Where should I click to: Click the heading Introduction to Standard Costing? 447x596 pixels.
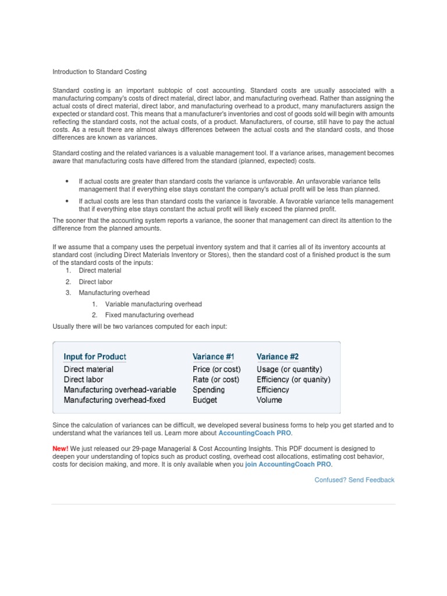(x=100, y=72)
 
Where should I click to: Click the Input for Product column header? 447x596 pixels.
(x=95, y=356)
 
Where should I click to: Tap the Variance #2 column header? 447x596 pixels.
(x=278, y=356)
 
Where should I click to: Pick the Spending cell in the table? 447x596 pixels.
(x=208, y=389)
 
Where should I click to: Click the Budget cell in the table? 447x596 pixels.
(x=205, y=400)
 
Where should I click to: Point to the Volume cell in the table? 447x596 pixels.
(x=269, y=400)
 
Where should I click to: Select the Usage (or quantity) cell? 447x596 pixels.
(x=289, y=369)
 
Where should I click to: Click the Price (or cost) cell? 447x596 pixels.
(x=216, y=369)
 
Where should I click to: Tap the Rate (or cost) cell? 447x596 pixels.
(x=215, y=379)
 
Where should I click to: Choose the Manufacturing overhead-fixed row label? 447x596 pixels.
(x=115, y=400)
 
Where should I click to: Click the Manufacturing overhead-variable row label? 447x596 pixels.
(x=120, y=389)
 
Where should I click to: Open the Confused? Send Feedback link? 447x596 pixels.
(x=354, y=480)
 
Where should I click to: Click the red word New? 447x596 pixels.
(x=61, y=449)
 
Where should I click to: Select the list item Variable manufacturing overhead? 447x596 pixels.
(x=154, y=304)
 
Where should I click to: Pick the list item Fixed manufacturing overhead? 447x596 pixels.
(x=150, y=315)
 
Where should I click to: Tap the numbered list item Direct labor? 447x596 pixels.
(x=95, y=282)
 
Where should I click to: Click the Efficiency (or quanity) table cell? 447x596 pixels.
(x=293, y=379)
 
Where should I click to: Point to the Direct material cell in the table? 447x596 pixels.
(x=88, y=369)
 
